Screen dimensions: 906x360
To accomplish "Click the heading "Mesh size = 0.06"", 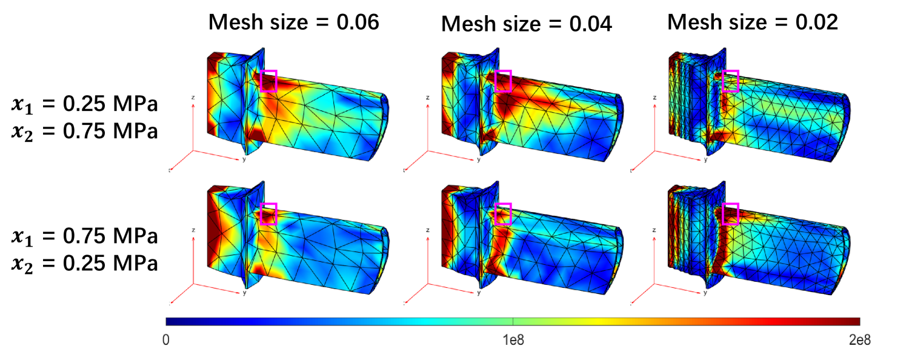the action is point(294,22).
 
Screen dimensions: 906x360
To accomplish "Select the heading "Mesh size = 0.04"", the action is point(526,24).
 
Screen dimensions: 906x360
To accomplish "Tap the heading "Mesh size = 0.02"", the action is point(752,22).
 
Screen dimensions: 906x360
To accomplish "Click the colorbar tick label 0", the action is point(166,340).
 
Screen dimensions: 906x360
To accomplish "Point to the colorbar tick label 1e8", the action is point(513,340).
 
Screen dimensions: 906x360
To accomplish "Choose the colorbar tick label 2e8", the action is point(859,340).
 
